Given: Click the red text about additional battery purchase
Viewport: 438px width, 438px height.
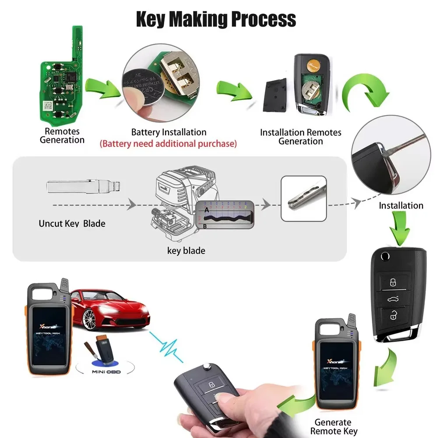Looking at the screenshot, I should coord(168,143).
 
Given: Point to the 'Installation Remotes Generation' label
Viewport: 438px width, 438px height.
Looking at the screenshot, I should coord(300,137).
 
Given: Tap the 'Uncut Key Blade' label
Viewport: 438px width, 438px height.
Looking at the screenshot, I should coord(72,223).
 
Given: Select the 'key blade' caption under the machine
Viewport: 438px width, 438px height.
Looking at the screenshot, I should coord(186,251).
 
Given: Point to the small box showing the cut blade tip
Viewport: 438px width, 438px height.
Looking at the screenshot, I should coord(304,198).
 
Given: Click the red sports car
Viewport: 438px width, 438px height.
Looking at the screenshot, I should coord(109,307).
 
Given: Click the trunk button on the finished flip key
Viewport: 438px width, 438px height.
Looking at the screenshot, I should coord(393,299).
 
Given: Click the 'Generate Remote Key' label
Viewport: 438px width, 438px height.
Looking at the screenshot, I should coord(333,427).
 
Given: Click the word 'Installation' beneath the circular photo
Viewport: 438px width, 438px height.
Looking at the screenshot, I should coord(401,205).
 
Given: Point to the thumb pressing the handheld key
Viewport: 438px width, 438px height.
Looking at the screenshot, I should coord(226,396).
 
